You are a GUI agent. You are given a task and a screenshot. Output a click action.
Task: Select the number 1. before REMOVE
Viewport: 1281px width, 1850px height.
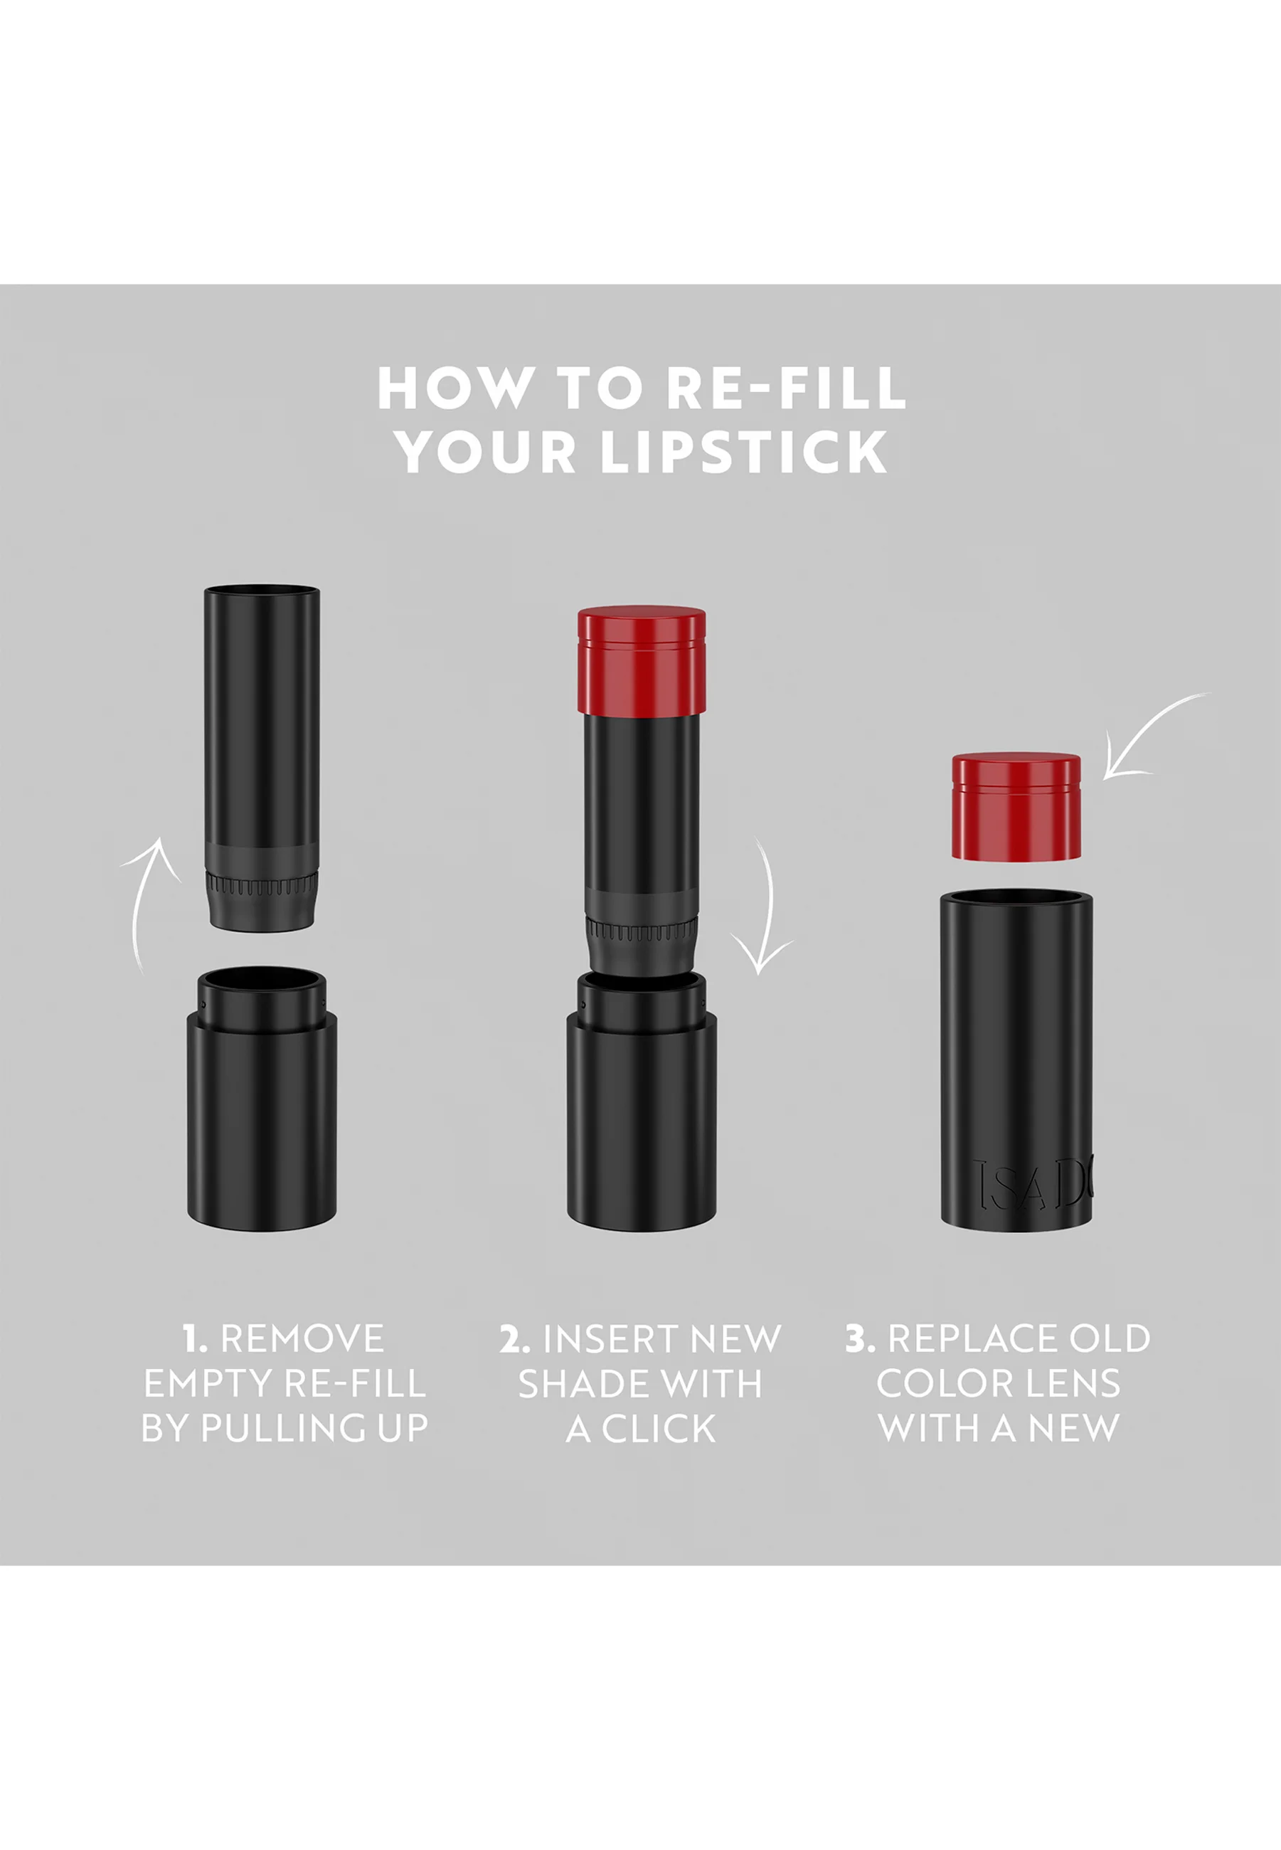point(195,1338)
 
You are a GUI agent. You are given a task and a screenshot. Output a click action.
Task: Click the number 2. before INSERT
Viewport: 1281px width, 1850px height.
point(514,1338)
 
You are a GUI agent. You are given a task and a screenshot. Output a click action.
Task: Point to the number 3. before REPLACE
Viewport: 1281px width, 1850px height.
point(860,1338)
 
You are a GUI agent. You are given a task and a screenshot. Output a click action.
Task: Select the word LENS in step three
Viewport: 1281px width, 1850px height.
point(1077,1383)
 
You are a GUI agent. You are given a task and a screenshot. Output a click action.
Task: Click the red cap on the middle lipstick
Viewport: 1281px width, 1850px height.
point(642,660)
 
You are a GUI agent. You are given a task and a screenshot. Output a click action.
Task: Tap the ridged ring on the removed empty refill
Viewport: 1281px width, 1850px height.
point(262,886)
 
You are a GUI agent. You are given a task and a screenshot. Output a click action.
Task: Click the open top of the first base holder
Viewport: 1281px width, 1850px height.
point(262,981)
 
